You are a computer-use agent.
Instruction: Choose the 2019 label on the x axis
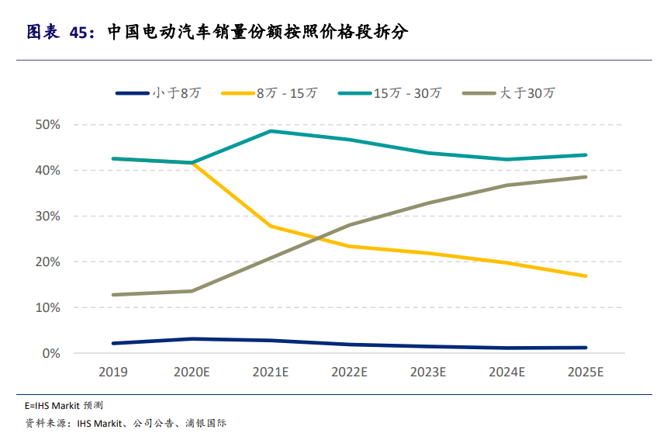(x=113, y=372)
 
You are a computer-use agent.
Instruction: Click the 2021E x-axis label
(x=271, y=372)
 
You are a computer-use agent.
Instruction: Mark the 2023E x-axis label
(x=428, y=372)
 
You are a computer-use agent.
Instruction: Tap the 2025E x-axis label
(x=586, y=372)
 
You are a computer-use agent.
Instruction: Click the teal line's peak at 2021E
(x=271, y=131)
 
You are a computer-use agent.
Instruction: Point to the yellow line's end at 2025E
(x=586, y=275)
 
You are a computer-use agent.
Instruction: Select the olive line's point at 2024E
(x=506, y=185)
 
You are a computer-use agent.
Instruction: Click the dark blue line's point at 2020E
(x=192, y=339)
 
